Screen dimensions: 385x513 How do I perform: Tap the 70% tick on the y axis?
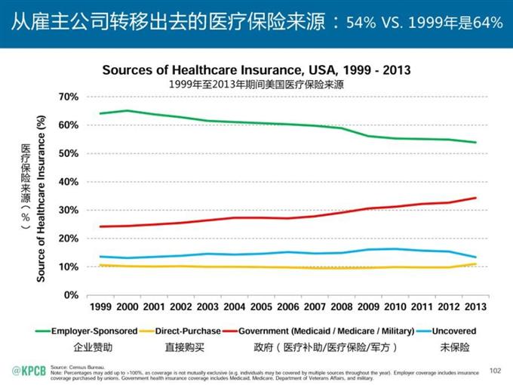[x=69, y=97]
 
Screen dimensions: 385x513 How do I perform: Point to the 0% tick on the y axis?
[x=72, y=295]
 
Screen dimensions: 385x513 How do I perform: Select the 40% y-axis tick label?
[x=69, y=182]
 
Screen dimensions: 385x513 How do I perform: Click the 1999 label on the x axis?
[x=100, y=307]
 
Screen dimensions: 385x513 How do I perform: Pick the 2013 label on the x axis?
[x=474, y=307]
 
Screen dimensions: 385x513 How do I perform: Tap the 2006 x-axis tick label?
[x=287, y=307]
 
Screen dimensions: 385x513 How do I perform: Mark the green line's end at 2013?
[x=475, y=142]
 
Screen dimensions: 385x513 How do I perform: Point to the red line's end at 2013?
[x=475, y=198]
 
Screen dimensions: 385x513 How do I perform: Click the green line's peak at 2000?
[x=127, y=111]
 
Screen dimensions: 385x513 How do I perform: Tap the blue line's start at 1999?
[x=100, y=257]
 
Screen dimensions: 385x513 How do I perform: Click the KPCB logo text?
[x=28, y=370]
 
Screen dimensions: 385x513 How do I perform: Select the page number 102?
[x=495, y=370]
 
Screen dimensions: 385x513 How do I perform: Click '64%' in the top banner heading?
[x=485, y=22]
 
